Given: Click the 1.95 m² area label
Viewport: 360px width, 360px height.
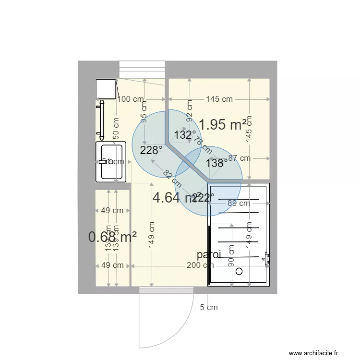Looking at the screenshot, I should pyautogui.click(x=222, y=125).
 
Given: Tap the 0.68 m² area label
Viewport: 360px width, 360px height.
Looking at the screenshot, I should pyautogui.click(x=112, y=237).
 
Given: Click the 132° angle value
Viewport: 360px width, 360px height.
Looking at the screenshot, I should pyautogui.click(x=185, y=135).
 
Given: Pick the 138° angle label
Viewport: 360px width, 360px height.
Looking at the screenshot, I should pyautogui.click(x=217, y=163).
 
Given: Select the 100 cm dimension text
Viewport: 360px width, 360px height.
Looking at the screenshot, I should pyautogui.click(x=131, y=99).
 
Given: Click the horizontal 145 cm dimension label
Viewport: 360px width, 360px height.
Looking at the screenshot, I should pyautogui.click(x=219, y=99).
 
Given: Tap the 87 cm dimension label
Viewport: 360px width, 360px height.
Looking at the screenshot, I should pyautogui.click(x=239, y=158).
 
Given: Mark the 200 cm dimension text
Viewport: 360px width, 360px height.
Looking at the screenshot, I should pyautogui.click(x=201, y=265).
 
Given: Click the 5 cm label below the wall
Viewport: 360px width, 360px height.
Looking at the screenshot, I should pyautogui.click(x=209, y=307).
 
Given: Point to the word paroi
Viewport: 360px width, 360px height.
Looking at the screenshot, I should pyautogui.click(x=209, y=255).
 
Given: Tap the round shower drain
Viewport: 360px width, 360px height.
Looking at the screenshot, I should pyautogui.click(x=240, y=271).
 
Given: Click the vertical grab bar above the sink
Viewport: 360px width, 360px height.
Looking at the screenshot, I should pyautogui.click(x=101, y=119).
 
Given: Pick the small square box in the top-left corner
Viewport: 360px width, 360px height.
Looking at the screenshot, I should pyautogui.click(x=106, y=89).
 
